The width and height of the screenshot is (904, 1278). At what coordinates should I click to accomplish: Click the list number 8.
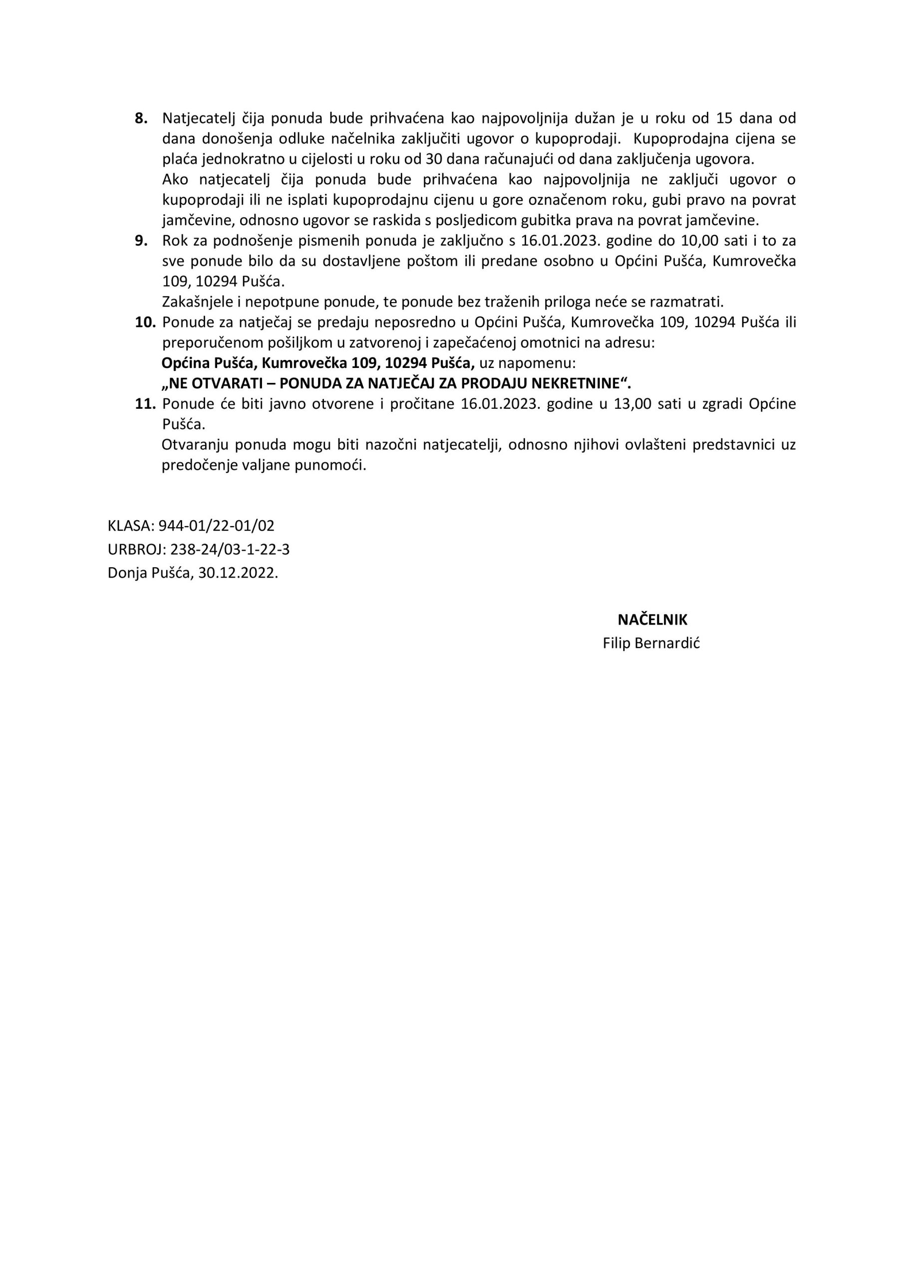pyautogui.click(x=141, y=118)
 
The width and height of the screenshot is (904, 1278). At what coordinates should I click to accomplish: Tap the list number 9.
pyautogui.click(x=141, y=241)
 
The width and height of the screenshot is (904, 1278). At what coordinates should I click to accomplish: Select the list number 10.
pyautogui.click(x=145, y=322)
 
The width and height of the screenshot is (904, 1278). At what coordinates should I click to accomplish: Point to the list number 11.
pyautogui.click(x=145, y=404)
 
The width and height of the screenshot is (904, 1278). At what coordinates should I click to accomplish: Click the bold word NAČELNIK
pyautogui.click(x=652, y=620)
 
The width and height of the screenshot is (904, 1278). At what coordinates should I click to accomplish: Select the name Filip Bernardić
pyautogui.click(x=651, y=643)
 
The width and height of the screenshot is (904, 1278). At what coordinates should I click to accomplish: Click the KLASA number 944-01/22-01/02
pyautogui.click(x=217, y=526)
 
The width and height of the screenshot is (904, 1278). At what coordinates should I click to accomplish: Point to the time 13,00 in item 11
pyautogui.click(x=632, y=404)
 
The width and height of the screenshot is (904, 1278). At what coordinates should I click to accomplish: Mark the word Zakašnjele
pyautogui.click(x=194, y=302)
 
